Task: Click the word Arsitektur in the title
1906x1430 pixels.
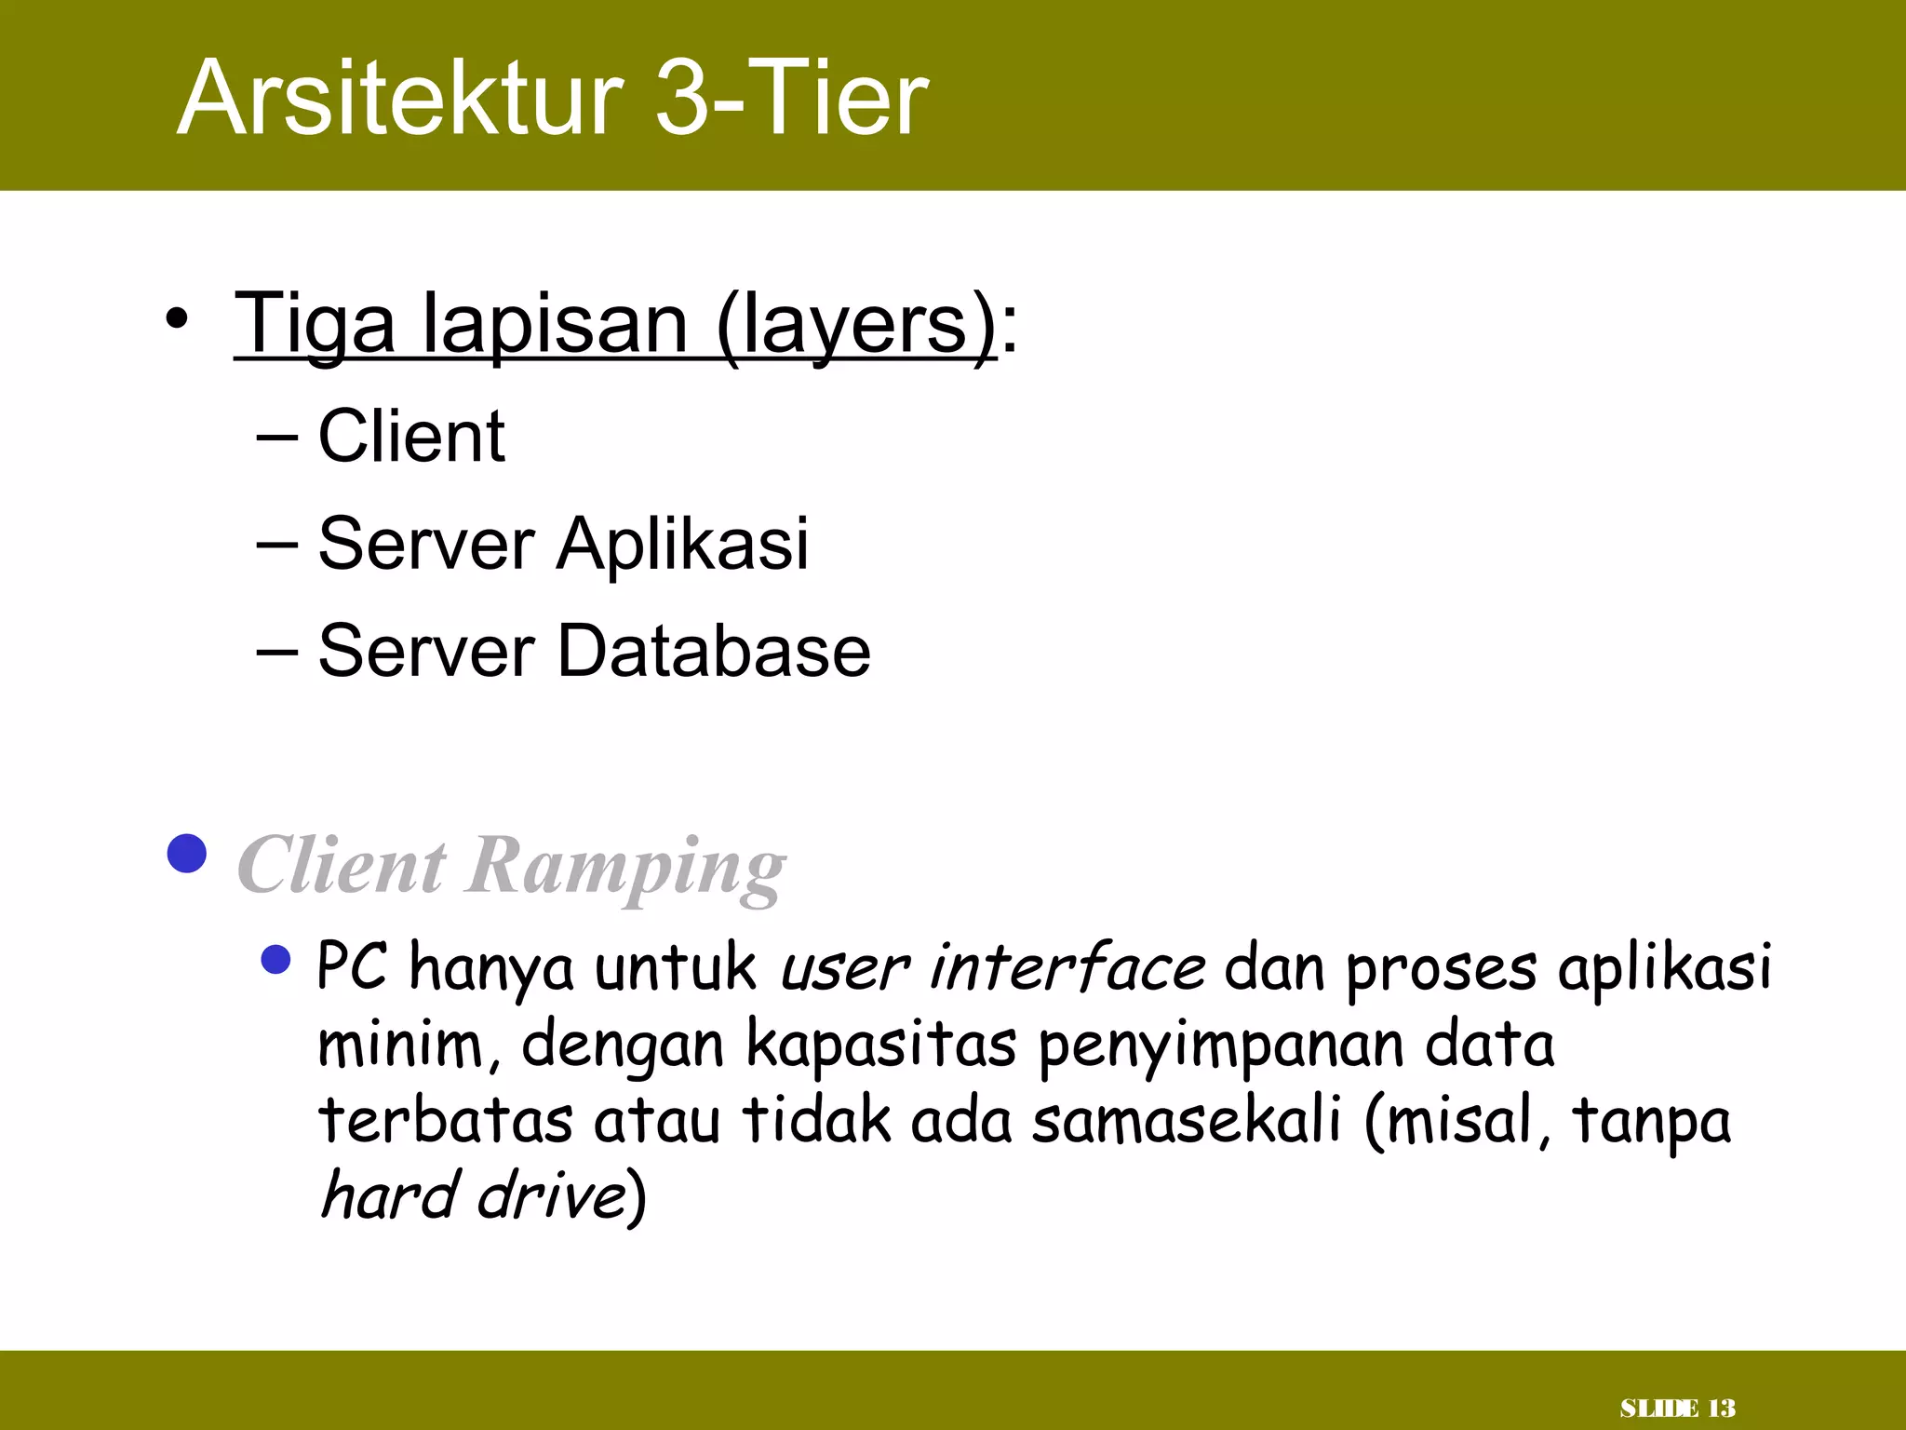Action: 400,99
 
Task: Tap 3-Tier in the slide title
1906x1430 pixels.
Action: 791,99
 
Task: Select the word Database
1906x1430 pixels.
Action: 714,650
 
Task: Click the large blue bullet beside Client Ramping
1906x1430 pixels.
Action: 187,853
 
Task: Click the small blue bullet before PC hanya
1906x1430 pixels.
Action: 276,959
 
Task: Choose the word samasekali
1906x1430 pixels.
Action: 1187,1120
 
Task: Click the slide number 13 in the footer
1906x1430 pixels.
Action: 1722,1409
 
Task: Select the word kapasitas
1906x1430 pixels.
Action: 880,1045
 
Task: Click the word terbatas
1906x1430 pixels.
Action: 445,1120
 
